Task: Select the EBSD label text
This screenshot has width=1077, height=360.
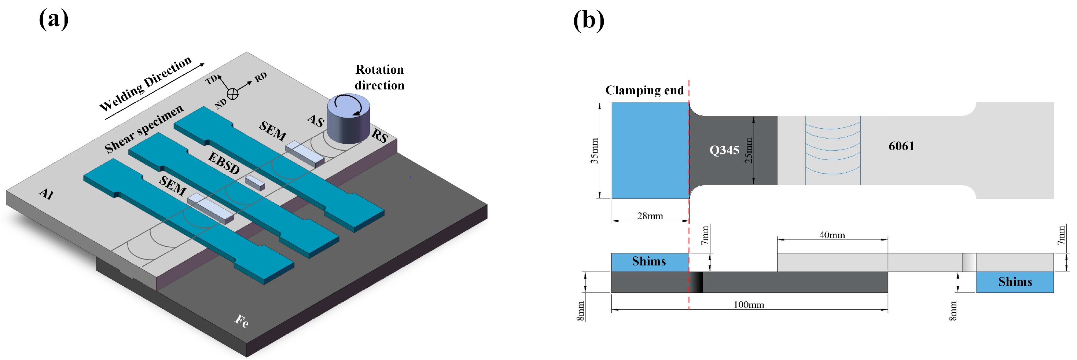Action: click(224, 163)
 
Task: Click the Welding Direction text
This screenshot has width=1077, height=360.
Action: click(146, 83)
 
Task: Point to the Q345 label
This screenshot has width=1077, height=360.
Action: click(724, 150)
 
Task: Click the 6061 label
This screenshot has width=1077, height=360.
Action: click(901, 146)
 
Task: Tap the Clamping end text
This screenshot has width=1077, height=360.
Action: click(644, 90)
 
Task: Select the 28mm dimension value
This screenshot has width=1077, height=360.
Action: click(650, 216)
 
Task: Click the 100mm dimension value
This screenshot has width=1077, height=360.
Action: click(749, 305)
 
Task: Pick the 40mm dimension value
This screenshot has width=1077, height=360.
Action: click(832, 235)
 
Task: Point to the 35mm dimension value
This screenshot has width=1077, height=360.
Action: click(594, 151)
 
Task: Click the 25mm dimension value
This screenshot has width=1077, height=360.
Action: click(749, 151)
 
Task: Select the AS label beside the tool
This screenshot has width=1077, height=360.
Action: click(316, 121)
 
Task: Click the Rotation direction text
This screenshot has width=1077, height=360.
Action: click(379, 77)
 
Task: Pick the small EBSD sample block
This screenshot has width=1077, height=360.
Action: click(255, 183)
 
